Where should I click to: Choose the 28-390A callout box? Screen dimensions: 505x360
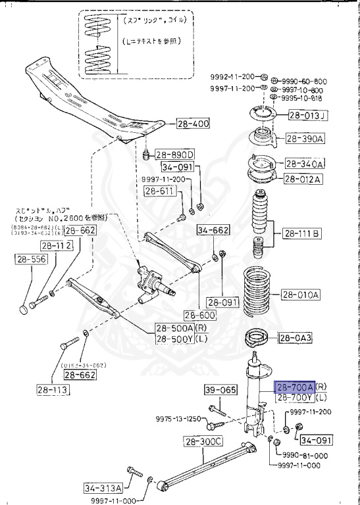click(305, 139)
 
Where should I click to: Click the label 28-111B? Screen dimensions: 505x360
click(301, 233)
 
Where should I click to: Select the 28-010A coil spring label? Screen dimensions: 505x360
click(301, 295)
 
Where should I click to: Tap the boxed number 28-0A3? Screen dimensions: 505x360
click(298, 338)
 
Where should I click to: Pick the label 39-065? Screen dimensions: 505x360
click(219, 390)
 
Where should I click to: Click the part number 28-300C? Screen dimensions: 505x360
click(203, 441)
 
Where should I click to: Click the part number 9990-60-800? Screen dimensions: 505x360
click(305, 76)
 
